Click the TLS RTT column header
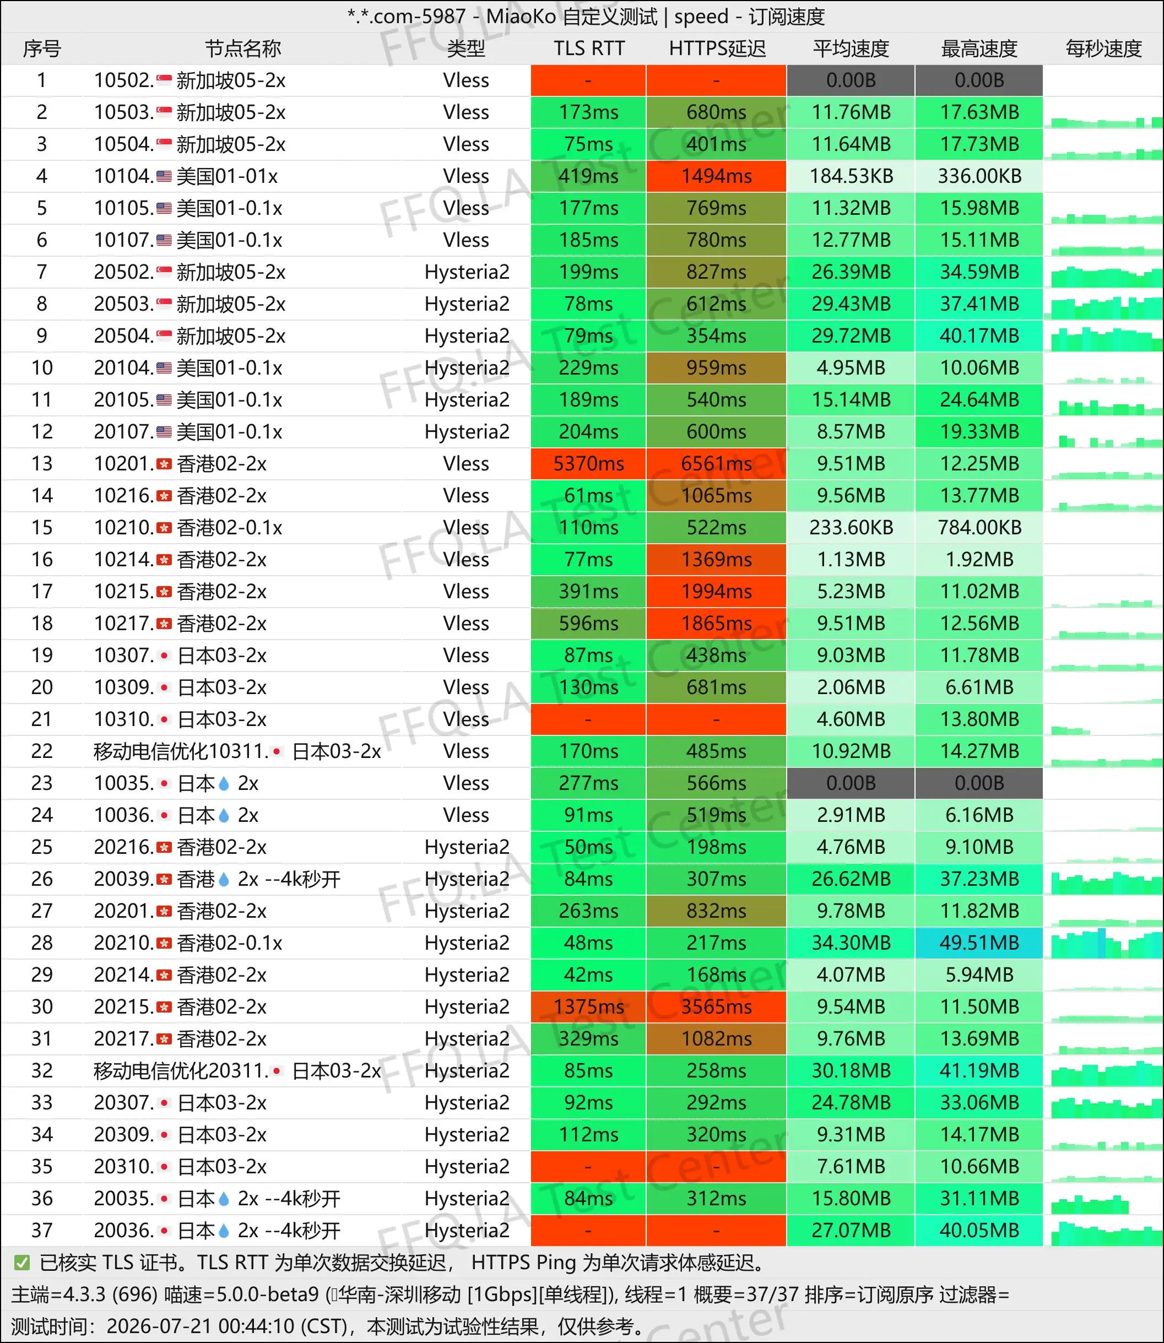pos(588,48)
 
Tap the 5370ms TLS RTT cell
pos(588,464)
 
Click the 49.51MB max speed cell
pos(979,943)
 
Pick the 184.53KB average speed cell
pos(851,176)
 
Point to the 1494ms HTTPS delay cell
pos(717,176)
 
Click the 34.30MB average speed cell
pos(851,943)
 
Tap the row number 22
pos(41,751)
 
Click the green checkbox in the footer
pos(22,1263)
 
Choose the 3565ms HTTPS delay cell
pos(717,1006)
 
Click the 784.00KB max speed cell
pos(979,527)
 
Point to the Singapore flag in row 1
pos(164,80)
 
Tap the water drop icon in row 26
pos(224,879)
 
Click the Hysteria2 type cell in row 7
pos(467,272)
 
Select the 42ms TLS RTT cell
pos(588,975)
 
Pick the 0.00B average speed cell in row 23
pos(851,783)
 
